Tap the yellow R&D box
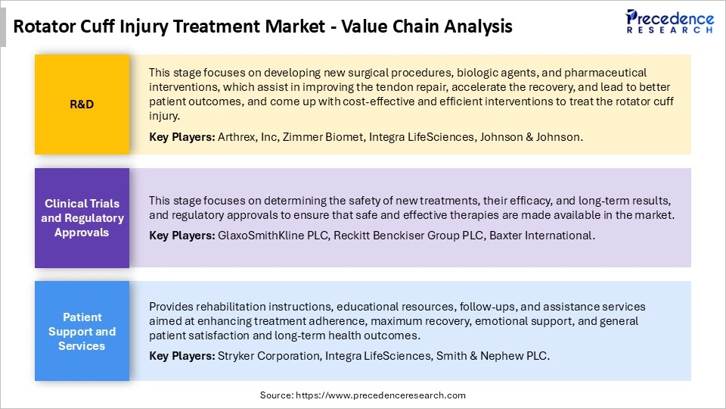[x=82, y=105]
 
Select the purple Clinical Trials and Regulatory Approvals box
[x=82, y=218]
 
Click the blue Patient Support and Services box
[x=82, y=332]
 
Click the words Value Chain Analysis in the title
[x=427, y=27]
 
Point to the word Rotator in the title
[x=46, y=27]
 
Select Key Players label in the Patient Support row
[x=181, y=355]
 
